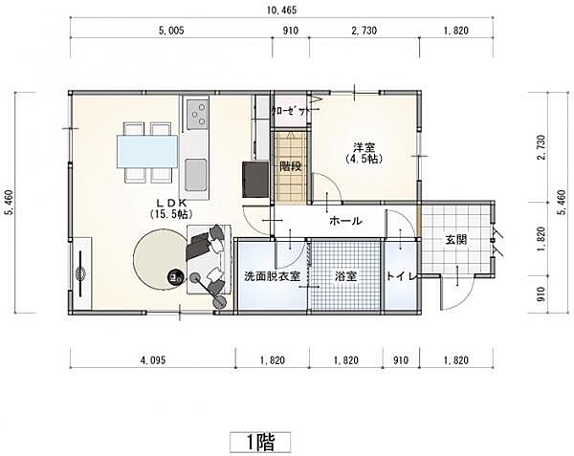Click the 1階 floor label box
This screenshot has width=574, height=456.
tap(260, 442)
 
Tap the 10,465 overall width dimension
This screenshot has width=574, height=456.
tap(281, 11)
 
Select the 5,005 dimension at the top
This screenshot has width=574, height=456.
tap(171, 31)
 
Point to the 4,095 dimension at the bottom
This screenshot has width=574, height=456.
tap(153, 360)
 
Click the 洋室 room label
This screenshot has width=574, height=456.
tap(364, 148)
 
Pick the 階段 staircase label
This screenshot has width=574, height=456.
tap(291, 166)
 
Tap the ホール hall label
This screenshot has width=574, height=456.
tap(345, 221)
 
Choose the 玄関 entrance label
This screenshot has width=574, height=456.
tap(455, 240)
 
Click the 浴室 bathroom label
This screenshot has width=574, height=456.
tap(345, 276)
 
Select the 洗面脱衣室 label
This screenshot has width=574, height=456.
tap(272, 276)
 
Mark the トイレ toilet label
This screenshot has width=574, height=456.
tap(402, 276)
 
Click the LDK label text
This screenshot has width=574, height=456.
tap(171, 203)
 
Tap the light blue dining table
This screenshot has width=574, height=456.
tap(147, 151)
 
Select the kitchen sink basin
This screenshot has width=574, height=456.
tap(196, 175)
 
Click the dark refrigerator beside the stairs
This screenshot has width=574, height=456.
tap(255, 179)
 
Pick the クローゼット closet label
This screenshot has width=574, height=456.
tap(290, 111)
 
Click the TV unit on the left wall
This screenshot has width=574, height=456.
tap(81, 273)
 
